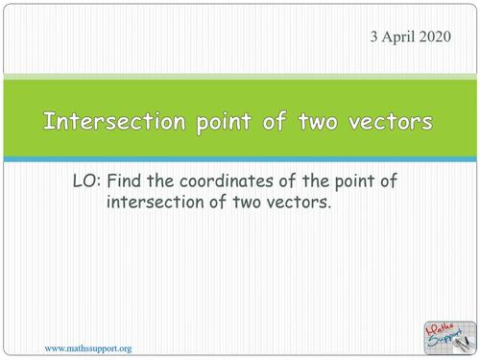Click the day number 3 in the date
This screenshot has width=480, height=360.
point(373,37)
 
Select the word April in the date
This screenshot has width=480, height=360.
point(398,37)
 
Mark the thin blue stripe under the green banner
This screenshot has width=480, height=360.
point(240,157)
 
